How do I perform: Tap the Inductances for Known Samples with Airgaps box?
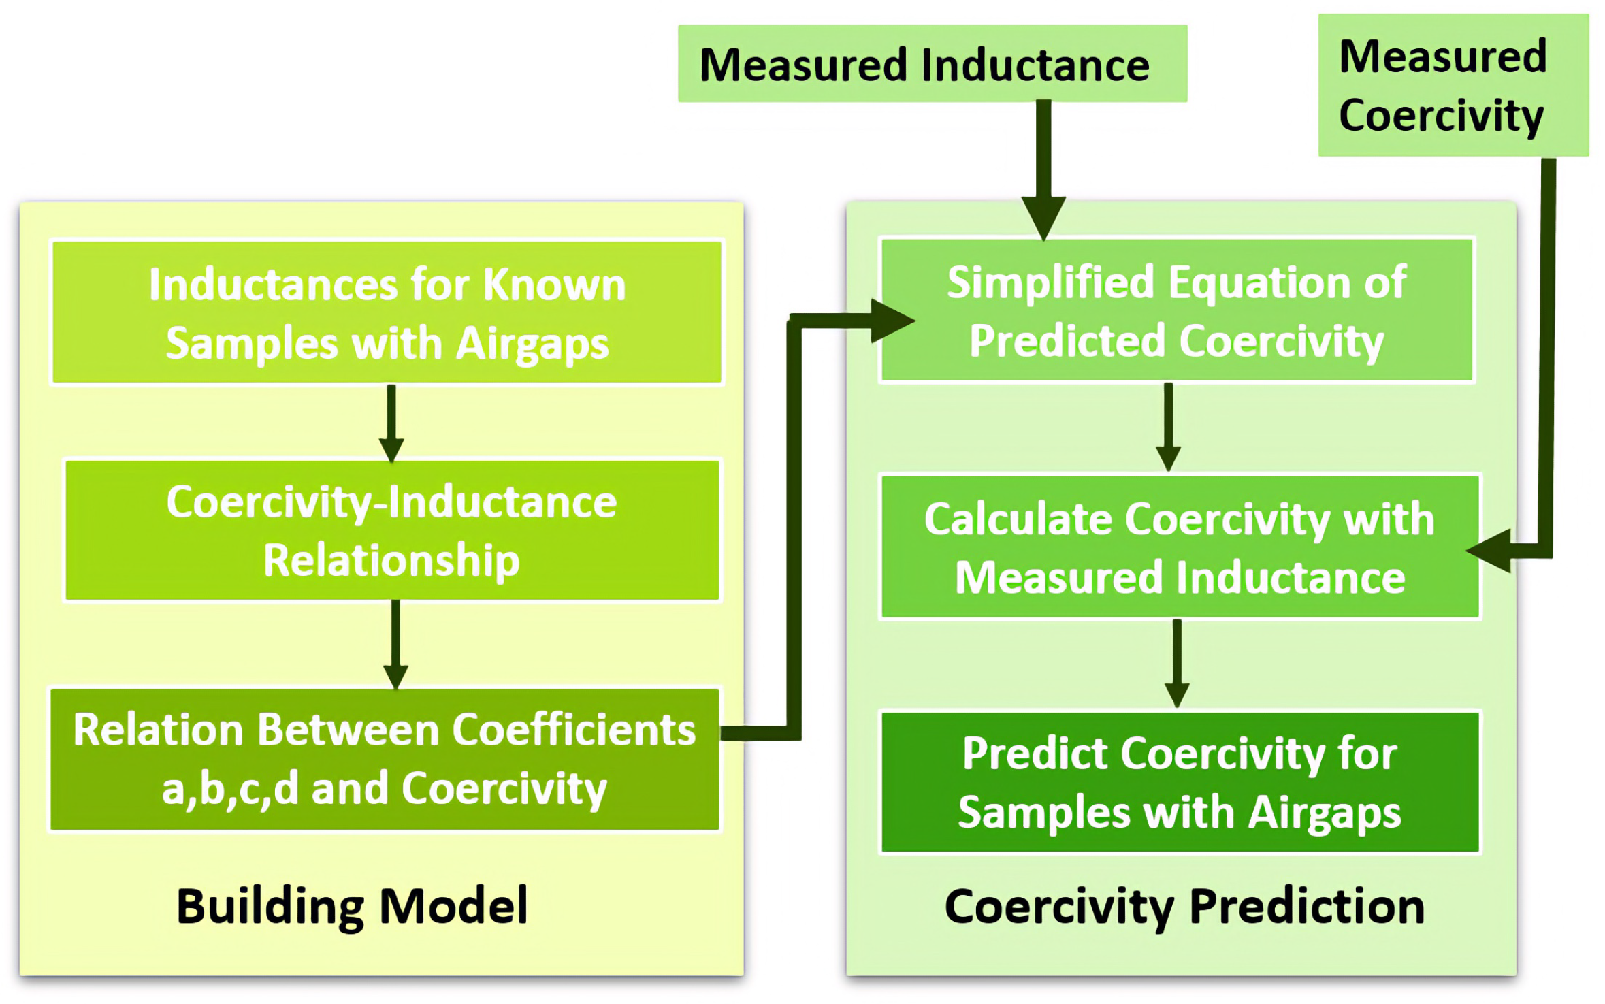(387, 312)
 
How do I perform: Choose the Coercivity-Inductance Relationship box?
(391, 530)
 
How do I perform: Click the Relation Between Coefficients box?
(385, 758)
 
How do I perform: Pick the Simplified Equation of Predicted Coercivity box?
(1176, 310)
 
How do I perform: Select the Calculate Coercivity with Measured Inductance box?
(1180, 547)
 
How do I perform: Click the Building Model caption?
(352, 906)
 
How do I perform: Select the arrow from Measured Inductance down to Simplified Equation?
(1043, 170)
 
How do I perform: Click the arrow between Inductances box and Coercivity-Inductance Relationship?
(391, 422)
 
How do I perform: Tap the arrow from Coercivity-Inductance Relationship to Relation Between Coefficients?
(395, 643)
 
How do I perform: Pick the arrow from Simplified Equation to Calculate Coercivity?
(1168, 426)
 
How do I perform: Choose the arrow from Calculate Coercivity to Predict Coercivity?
(1177, 662)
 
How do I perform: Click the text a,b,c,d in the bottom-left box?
(230, 788)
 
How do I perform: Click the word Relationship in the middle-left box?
(391, 560)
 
